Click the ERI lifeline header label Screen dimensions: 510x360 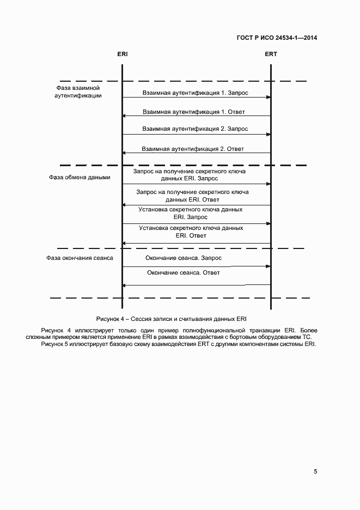point(122,54)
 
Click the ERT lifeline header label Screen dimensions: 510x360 point(271,54)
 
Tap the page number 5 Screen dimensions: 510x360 point(315,472)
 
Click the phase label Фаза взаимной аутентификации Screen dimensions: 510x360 point(78,91)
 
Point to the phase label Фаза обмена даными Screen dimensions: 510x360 point(80,177)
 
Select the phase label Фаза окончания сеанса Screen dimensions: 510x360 point(80,258)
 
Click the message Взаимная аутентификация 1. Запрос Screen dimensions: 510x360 point(196,93)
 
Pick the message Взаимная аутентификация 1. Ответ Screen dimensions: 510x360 point(194,112)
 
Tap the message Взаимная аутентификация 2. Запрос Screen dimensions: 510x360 point(195,129)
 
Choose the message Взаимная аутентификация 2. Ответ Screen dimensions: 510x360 point(193,148)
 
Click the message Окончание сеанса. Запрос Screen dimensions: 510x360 point(184,258)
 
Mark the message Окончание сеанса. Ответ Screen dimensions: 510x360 point(184,272)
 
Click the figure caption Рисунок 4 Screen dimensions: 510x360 point(175,318)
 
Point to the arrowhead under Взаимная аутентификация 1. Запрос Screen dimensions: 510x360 point(268,97)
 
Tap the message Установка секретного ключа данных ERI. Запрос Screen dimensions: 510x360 point(191,213)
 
